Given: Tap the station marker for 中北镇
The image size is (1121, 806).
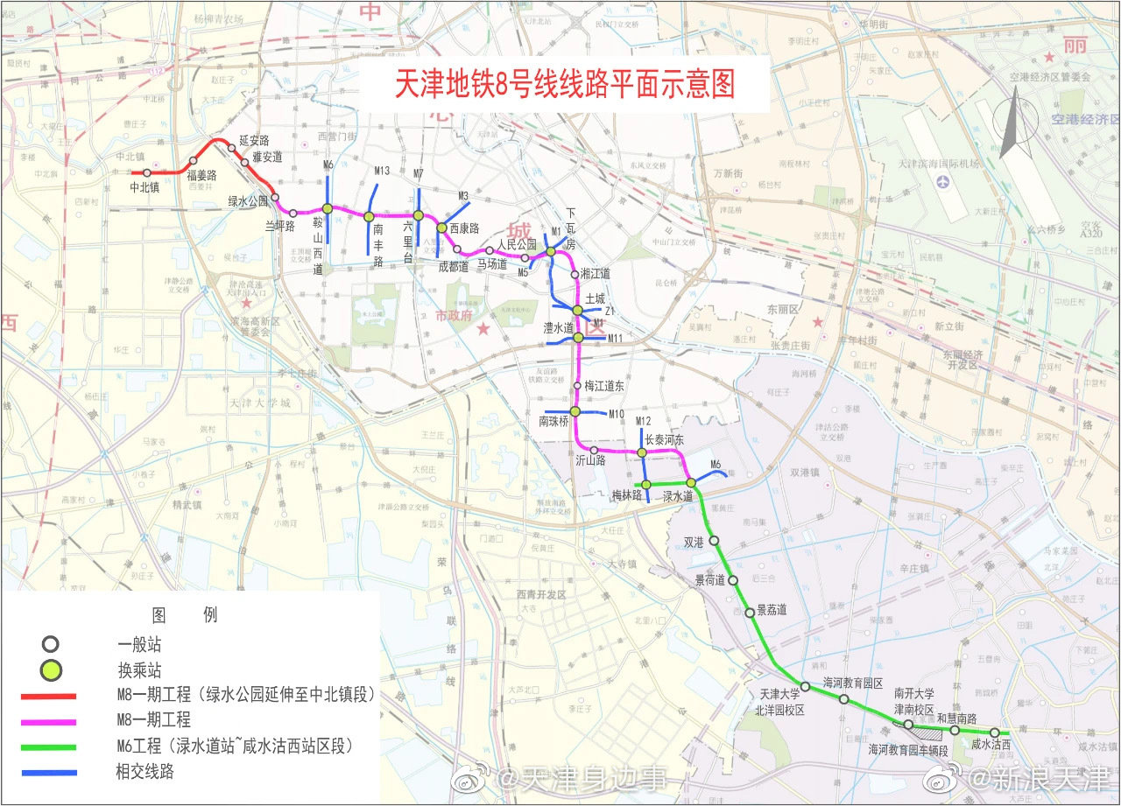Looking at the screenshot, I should [146, 172].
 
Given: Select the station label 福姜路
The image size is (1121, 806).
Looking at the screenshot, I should [201, 174].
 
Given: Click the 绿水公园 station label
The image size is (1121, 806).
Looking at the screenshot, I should [248, 200].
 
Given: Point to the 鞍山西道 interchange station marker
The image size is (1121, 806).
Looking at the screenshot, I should [327, 208].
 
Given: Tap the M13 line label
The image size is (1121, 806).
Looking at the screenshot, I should [381, 172].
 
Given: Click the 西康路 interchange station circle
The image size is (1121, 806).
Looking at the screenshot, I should [441, 228].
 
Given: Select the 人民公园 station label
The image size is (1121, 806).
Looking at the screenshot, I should [516, 244].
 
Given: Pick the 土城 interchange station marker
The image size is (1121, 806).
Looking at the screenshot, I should [577, 311].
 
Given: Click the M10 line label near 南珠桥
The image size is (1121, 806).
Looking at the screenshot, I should [617, 414].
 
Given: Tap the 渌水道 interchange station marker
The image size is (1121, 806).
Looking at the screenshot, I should [690, 482].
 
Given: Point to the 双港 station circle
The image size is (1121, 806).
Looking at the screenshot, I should [714, 540].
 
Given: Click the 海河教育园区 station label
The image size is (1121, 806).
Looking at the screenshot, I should [852, 683].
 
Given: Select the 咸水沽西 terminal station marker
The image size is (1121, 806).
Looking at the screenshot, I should [995, 732].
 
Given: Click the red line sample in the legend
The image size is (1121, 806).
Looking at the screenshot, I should [49, 696].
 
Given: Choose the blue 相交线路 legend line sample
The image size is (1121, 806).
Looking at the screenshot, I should [49, 772].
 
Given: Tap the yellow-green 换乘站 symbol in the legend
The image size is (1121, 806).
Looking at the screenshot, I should [51, 671].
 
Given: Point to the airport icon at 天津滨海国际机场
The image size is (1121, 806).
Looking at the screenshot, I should [942, 182].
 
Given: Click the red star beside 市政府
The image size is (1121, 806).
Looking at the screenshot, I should [483, 329].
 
